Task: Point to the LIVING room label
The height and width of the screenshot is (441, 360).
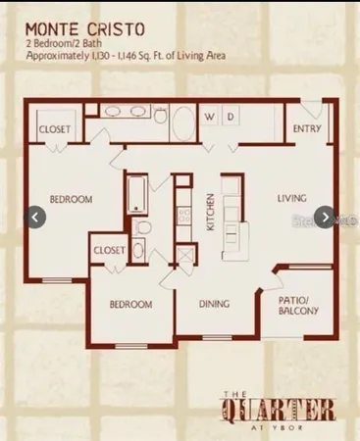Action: [x=292, y=198]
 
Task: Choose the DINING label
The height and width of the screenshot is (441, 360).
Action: [x=214, y=305]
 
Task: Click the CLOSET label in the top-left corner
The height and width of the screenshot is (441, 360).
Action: [x=54, y=129]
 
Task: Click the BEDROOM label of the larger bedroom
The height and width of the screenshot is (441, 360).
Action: [x=72, y=199]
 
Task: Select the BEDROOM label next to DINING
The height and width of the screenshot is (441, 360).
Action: [x=129, y=305]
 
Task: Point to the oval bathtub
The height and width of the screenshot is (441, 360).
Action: [x=182, y=122]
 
